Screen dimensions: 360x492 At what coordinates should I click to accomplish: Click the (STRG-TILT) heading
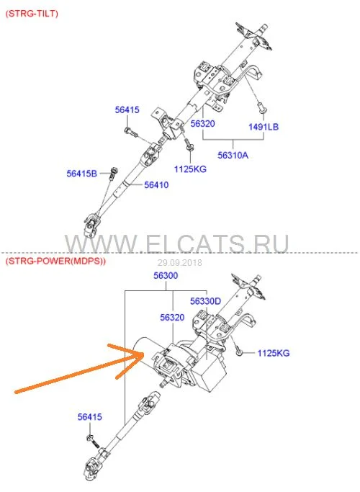(32, 14)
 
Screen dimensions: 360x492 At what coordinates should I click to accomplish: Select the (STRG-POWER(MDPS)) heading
(55, 261)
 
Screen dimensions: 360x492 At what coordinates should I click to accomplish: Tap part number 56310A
(233, 155)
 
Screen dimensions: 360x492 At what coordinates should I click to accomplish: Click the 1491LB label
(264, 127)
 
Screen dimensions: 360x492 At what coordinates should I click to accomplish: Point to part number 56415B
(82, 174)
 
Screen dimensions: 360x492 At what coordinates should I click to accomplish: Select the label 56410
(156, 185)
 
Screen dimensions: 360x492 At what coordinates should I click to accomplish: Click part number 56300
(166, 275)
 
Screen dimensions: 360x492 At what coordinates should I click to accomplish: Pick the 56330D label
(205, 301)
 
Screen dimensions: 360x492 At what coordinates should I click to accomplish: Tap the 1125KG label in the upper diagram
(190, 169)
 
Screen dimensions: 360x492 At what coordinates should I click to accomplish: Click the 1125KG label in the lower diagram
(274, 353)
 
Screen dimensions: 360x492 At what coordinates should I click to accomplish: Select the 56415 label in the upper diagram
(127, 109)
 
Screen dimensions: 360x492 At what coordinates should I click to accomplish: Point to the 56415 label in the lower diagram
(90, 417)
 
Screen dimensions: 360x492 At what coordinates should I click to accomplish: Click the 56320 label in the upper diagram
(202, 124)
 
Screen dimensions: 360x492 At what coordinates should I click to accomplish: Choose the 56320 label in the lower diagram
(172, 318)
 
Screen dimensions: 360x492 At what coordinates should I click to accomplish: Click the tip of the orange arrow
(143, 354)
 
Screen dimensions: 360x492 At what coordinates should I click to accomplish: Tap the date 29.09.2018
(180, 263)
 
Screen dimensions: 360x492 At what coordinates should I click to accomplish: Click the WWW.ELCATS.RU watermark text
(176, 243)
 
